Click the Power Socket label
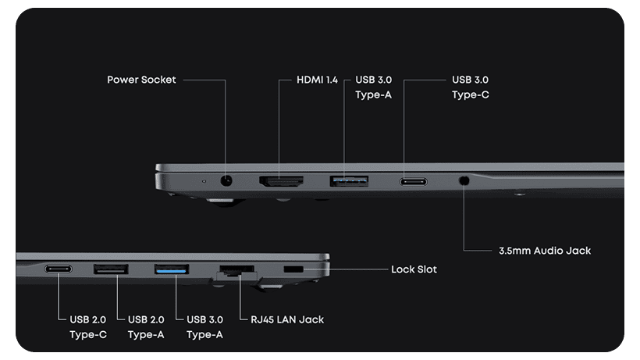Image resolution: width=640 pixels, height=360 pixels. (x=141, y=80)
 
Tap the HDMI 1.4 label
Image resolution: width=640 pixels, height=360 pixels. (x=317, y=80)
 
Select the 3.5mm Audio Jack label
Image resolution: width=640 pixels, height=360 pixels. (x=544, y=251)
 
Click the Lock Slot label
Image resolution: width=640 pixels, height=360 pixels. (x=414, y=269)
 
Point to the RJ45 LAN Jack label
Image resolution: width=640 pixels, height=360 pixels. (x=287, y=319)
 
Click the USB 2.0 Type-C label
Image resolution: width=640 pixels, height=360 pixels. (x=87, y=326)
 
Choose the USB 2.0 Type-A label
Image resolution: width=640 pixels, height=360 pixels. (x=147, y=326)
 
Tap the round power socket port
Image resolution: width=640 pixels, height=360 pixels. (x=227, y=181)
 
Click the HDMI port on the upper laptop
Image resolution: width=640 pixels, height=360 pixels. (x=281, y=181)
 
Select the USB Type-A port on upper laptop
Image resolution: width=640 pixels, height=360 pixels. (x=349, y=181)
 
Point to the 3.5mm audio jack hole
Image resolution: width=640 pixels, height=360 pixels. (x=464, y=180)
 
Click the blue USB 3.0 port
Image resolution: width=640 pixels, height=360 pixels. (x=172, y=270)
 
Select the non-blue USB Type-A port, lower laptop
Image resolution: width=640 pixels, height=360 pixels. (x=112, y=270)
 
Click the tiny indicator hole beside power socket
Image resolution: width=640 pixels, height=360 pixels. (x=204, y=181)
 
